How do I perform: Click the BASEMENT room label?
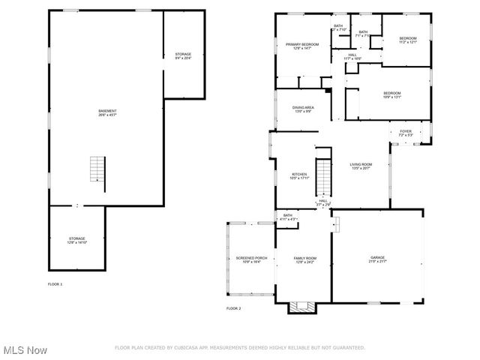[107, 112]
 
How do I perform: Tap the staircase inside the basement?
[97, 169]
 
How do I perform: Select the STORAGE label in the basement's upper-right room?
[183, 54]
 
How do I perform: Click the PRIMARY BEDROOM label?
[302, 45]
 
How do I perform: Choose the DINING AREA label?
[303, 107]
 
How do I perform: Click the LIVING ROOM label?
[361, 165]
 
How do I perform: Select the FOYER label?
[405, 131]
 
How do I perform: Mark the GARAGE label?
[376, 258]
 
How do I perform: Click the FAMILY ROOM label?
[305, 258]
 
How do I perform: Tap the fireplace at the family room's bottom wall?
[304, 306]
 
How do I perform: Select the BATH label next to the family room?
[287, 216]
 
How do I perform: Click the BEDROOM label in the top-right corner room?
[407, 38]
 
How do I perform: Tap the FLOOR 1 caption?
[55, 284]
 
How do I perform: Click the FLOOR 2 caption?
[234, 308]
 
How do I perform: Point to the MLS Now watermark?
[25, 350]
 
